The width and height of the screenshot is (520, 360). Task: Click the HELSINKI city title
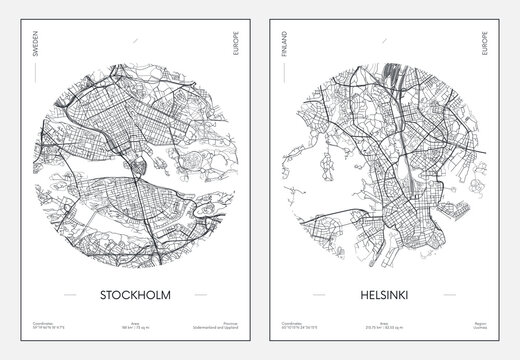(389, 295)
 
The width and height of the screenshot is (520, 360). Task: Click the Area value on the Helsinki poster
(389, 327)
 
